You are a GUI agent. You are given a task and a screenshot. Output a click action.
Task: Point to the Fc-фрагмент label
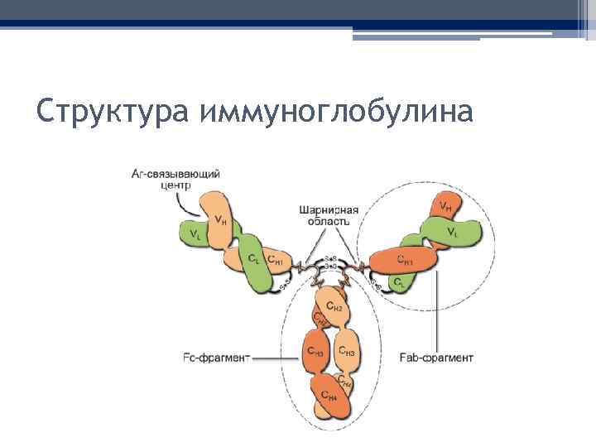click(x=214, y=358)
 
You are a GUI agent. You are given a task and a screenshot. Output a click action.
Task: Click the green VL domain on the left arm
click(x=196, y=234)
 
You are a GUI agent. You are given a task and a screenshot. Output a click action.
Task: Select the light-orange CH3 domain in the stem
click(x=347, y=351)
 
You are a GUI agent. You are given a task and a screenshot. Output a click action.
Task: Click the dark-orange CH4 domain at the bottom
click(x=329, y=398)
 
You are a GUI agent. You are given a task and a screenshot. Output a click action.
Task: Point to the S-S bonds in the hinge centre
click(x=329, y=262)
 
